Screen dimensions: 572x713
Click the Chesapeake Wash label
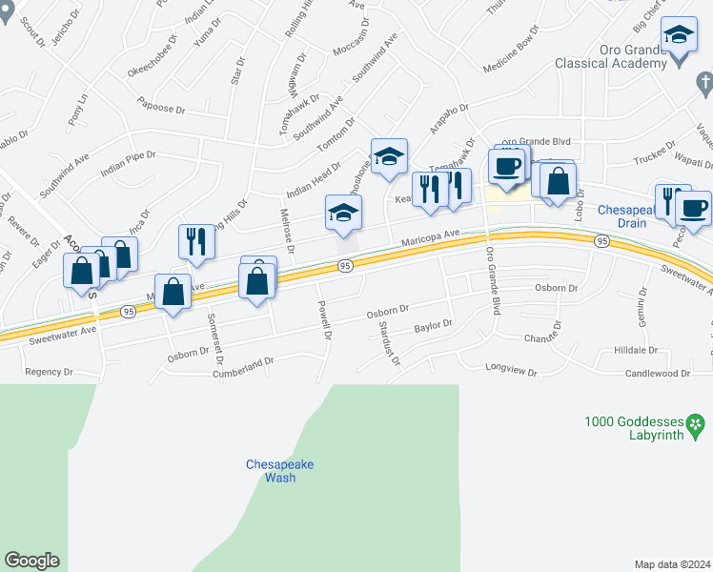pyautogui.click(x=279, y=471)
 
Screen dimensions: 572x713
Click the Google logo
pyautogui.click(x=31, y=561)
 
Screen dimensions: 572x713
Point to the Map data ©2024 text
pyautogui.click(x=672, y=564)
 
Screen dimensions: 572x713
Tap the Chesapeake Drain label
pyautogui.click(x=622, y=216)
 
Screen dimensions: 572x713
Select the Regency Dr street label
pyautogui.click(x=49, y=372)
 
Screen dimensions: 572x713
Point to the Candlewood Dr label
pyautogui.click(x=657, y=374)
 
